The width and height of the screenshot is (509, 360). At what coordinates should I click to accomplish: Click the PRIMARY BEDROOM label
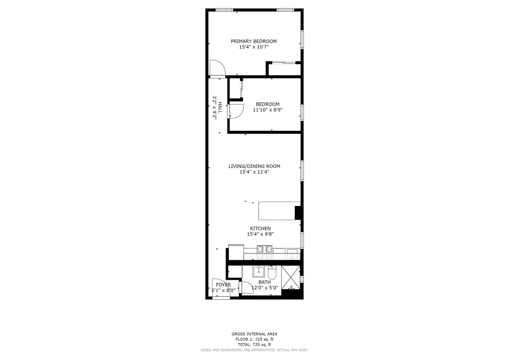pos(254,41)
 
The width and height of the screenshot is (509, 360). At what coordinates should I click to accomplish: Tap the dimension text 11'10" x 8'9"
pos(268,110)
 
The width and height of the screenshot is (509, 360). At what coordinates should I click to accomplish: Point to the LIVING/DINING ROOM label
pos(254,166)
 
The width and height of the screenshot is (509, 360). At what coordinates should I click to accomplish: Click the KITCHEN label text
pos(260,228)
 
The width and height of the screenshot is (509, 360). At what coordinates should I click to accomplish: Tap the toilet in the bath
pos(272,272)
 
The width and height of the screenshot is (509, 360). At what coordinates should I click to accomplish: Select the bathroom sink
pos(258,272)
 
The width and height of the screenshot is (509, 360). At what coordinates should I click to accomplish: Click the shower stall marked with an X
pos(291,276)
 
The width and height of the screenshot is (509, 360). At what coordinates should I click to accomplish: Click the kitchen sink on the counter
pos(293,254)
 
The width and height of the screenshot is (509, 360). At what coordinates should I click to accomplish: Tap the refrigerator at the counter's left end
pos(236,252)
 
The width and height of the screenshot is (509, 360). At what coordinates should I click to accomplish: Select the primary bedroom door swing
pos(218,68)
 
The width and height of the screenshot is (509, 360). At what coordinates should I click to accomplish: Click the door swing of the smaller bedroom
pos(236,111)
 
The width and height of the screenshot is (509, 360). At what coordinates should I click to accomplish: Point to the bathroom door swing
pos(246,287)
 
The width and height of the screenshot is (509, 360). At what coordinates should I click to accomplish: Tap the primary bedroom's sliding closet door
pos(283,63)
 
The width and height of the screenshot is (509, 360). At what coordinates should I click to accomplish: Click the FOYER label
pos(223,285)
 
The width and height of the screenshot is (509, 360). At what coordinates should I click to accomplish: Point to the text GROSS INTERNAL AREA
pos(254,334)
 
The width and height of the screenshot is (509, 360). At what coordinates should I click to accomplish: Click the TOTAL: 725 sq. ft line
pos(254,345)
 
